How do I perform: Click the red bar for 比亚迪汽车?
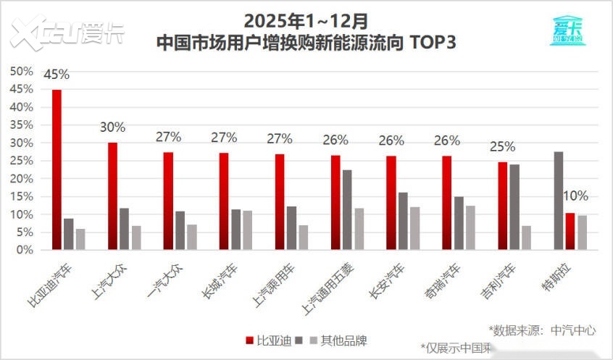(57, 170)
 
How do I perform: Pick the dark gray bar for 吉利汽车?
(514, 207)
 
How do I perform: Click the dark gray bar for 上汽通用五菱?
(347, 210)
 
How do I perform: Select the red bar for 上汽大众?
(112, 196)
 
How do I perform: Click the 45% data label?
(57, 75)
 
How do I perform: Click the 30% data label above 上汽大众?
(112, 127)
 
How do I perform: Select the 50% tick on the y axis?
(22, 71)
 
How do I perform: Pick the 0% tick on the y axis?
(25, 250)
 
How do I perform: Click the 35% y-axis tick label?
(22, 125)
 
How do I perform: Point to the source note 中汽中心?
(572, 330)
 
